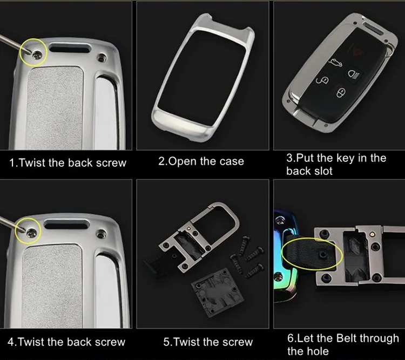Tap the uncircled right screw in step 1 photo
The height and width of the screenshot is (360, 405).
coord(102,57)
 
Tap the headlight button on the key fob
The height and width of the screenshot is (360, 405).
coord(354,74)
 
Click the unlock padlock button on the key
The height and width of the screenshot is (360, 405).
coord(323,80)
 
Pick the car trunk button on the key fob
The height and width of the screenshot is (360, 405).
coord(335,63)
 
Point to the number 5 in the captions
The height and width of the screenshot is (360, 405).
coord(167,342)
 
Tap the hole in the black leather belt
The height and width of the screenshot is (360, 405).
coord(322,255)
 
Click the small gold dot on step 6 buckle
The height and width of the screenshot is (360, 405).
coord(372,234)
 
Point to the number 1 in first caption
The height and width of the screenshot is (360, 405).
coord(12,163)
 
